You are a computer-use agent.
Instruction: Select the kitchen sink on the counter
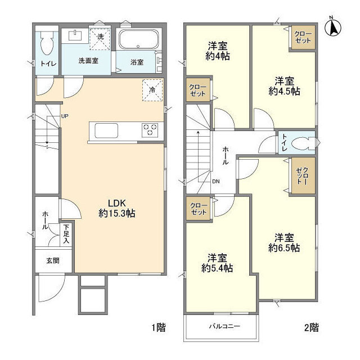click(x=107, y=130)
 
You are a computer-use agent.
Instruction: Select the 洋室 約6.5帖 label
click(x=284, y=242)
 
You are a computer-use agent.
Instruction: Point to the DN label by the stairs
click(x=216, y=181)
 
